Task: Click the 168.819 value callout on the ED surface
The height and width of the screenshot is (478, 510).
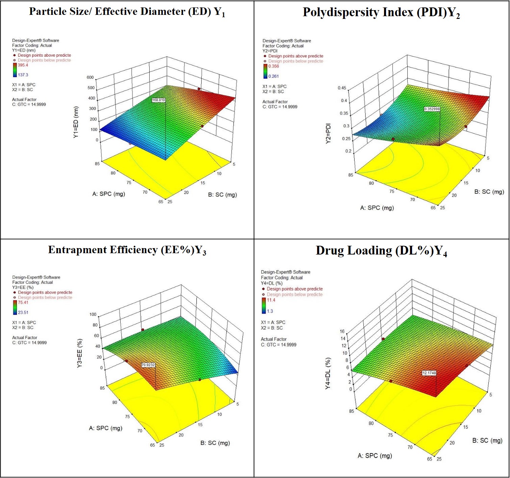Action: (158, 100)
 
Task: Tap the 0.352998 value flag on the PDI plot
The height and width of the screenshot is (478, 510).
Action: (432, 109)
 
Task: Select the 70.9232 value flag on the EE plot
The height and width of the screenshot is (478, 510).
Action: (148, 365)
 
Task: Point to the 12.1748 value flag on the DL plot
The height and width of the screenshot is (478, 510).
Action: (429, 373)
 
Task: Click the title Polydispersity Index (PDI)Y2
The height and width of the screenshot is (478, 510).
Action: (381, 12)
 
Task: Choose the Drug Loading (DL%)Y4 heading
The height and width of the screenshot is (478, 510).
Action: (381, 251)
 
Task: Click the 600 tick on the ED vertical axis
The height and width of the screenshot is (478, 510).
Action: (90, 77)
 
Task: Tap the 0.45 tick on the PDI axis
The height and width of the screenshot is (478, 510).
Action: (342, 88)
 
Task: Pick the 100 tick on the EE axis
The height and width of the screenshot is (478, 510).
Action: (93, 314)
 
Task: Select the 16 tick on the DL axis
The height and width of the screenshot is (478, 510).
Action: (342, 331)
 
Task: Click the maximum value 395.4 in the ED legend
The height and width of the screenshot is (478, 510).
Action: (23, 65)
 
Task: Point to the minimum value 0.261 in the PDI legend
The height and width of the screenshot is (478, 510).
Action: (274, 76)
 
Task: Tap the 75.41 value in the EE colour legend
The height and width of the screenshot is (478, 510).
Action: (23, 302)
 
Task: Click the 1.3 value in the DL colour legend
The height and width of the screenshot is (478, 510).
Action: (270, 311)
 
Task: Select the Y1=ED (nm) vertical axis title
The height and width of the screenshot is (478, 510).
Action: (76, 122)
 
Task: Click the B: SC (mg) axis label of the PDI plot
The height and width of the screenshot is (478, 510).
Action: (489, 192)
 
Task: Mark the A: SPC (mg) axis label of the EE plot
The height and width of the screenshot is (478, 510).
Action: (105, 428)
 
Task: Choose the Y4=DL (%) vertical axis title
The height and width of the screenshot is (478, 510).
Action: (328, 373)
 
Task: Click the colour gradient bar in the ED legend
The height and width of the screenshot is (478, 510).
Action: (15, 70)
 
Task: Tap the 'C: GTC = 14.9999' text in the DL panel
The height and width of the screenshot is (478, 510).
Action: (279, 345)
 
